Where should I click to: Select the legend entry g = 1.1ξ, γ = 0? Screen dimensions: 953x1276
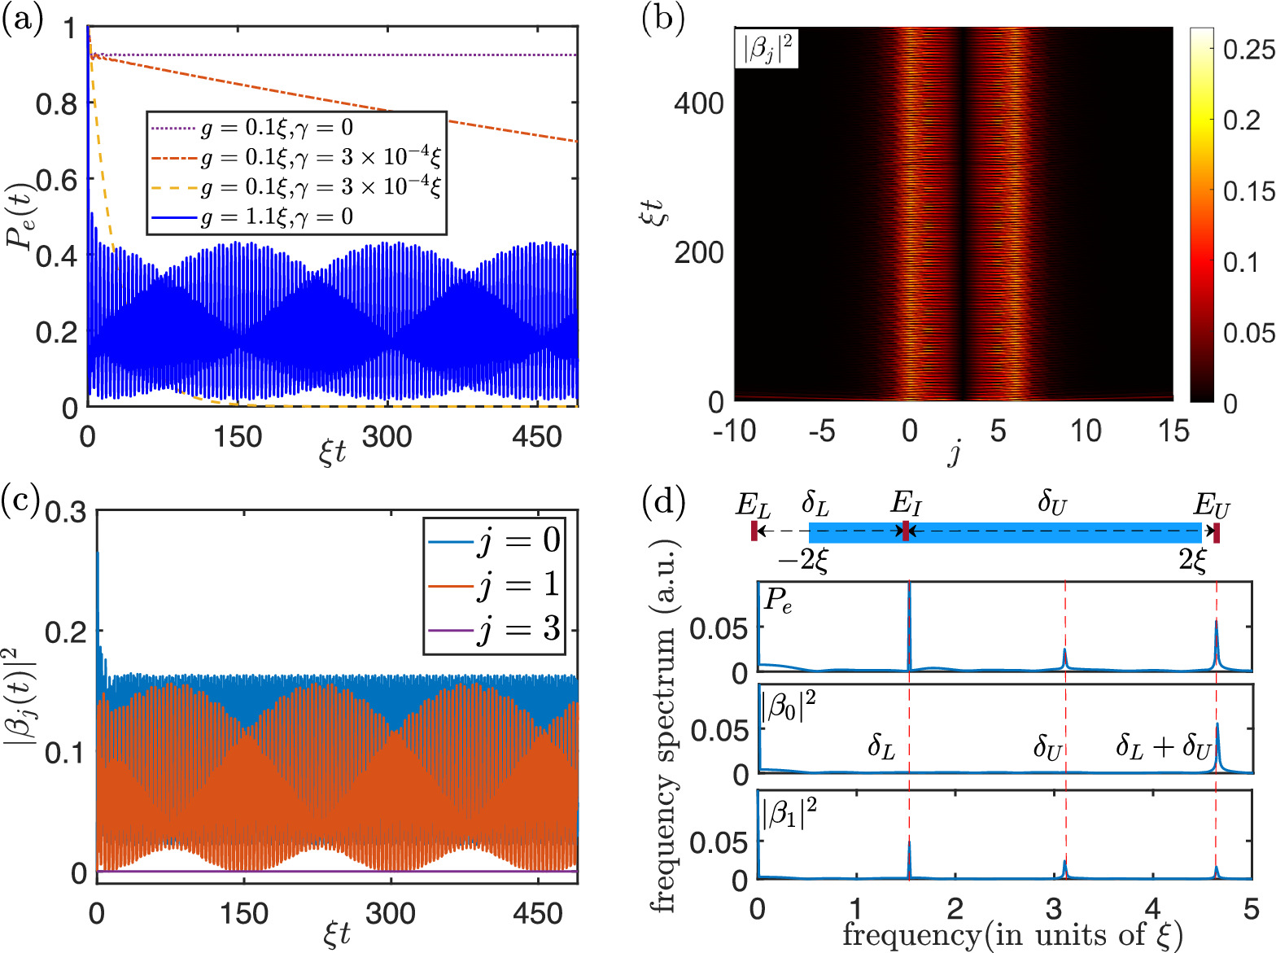pos(277,217)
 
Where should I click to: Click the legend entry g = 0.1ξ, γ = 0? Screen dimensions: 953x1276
pos(277,127)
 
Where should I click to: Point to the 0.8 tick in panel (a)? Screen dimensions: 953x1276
pos(56,104)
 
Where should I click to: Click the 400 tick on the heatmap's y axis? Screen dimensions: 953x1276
pos(698,103)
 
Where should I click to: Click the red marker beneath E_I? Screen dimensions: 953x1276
pos(906,532)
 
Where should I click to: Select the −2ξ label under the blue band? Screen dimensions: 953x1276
pos(802,561)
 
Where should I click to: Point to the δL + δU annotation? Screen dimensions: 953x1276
pos(1165,745)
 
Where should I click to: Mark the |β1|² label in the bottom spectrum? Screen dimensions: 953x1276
pos(789,813)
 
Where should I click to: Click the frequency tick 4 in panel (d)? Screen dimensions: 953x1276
pos(1152,907)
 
